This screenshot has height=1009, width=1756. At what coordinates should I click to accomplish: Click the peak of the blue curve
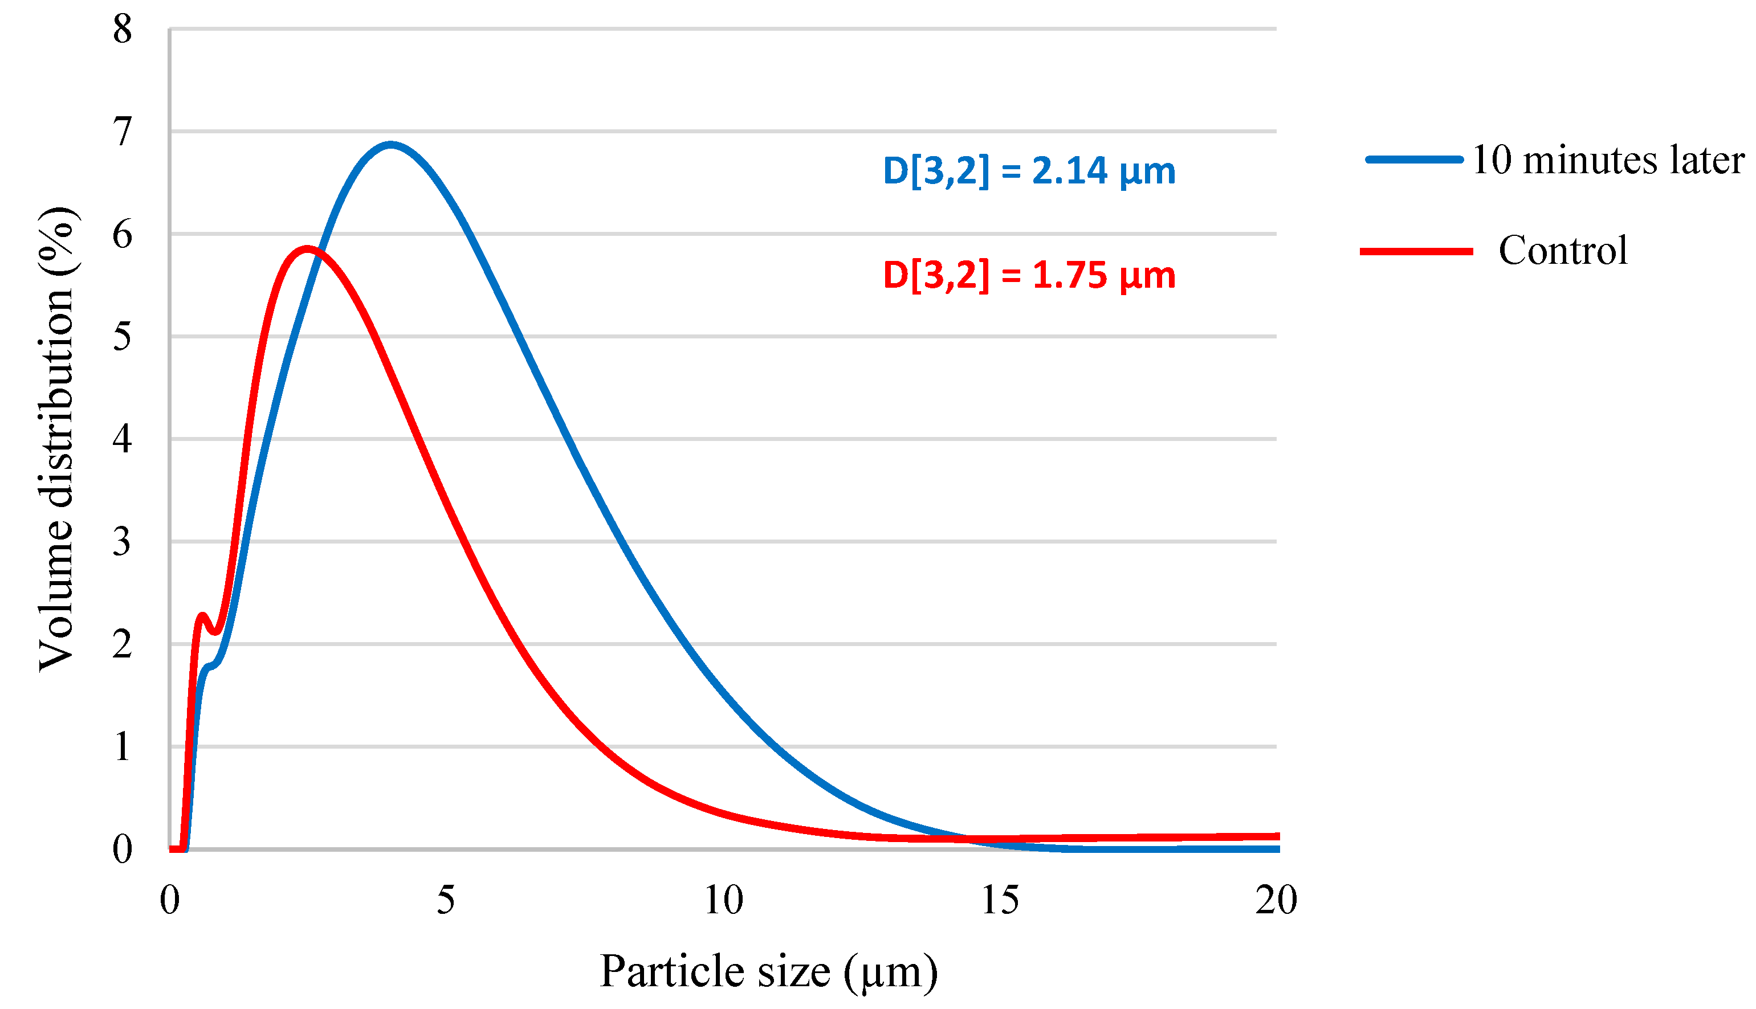pyautogui.click(x=390, y=145)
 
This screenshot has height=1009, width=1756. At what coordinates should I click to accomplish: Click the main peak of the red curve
pyautogui.click(x=307, y=249)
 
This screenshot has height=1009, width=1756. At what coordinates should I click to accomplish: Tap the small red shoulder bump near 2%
pyautogui.click(x=202, y=615)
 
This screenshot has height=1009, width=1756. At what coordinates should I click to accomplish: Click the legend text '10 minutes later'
pyautogui.click(x=1607, y=160)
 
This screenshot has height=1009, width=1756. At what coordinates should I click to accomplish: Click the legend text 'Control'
pyautogui.click(x=1563, y=250)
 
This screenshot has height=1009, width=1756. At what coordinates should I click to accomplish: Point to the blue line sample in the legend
pyautogui.click(x=1414, y=160)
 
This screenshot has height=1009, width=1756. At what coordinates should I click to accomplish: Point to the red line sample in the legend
pyautogui.click(x=1416, y=251)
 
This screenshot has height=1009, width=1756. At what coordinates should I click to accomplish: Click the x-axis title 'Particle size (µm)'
pyautogui.click(x=768, y=971)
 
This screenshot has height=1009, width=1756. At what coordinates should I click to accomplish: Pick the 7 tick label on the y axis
pyautogui.click(x=122, y=132)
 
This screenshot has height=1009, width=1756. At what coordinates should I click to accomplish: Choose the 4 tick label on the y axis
pyautogui.click(x=122, y=439)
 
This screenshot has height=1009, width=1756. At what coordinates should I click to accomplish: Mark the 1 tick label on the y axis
pyautogui.click(x=122, y=747)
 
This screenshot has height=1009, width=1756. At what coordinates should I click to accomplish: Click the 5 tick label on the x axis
pyautogui.click(x=446, y=900)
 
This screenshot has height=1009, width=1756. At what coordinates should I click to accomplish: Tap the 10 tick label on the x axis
pyautogui.click(x=723, y=900)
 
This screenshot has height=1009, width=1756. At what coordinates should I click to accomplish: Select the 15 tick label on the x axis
pyautogui.click(x=1000, y=900)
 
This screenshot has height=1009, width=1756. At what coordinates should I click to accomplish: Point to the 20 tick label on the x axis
pyautogui.click(x=1276, y=900)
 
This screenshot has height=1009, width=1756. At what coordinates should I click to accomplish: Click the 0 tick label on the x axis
pyautogui.click(x=170, y=900)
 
